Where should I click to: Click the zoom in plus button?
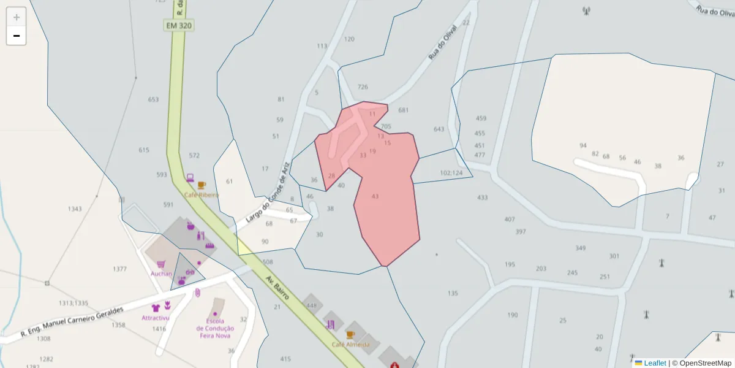click(x=17, y=17)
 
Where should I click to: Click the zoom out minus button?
click(x=17, y=36)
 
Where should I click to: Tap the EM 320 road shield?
click(x=178, y=25)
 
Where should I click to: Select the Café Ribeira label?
click(x=202, y=194)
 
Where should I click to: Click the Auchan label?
click(x=161, y=274)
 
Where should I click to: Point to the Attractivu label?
click(x=155, y=318)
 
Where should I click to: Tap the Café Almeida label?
click(x=350, y=344)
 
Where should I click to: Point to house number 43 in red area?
click(x=375, y=196)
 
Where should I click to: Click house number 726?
click(x=363, y=87)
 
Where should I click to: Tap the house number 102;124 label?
click(x=451, y=173)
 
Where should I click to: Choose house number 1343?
click(x=75, y=209)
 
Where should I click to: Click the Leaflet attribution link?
click(x=654, y=363)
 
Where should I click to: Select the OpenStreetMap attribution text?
click(x=705, y=363)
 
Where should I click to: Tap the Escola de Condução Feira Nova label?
click(x=215, y=328)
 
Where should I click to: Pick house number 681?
click(x=403, y=110)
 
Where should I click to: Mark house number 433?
click(x=483, y=197)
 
